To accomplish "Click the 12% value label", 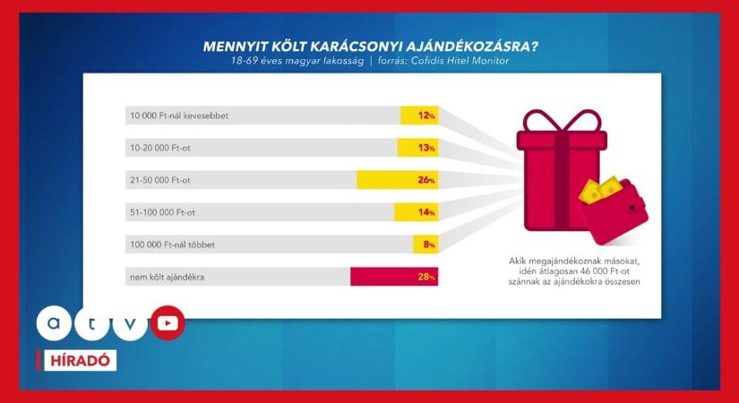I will tap(425, 116).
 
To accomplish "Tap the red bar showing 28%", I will tap(394, 277).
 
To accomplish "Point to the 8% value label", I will tap(428, 244).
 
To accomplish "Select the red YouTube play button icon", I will tap(167, 323).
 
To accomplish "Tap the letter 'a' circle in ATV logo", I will tap(56, 323).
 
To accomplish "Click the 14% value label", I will tap(425, 212).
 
